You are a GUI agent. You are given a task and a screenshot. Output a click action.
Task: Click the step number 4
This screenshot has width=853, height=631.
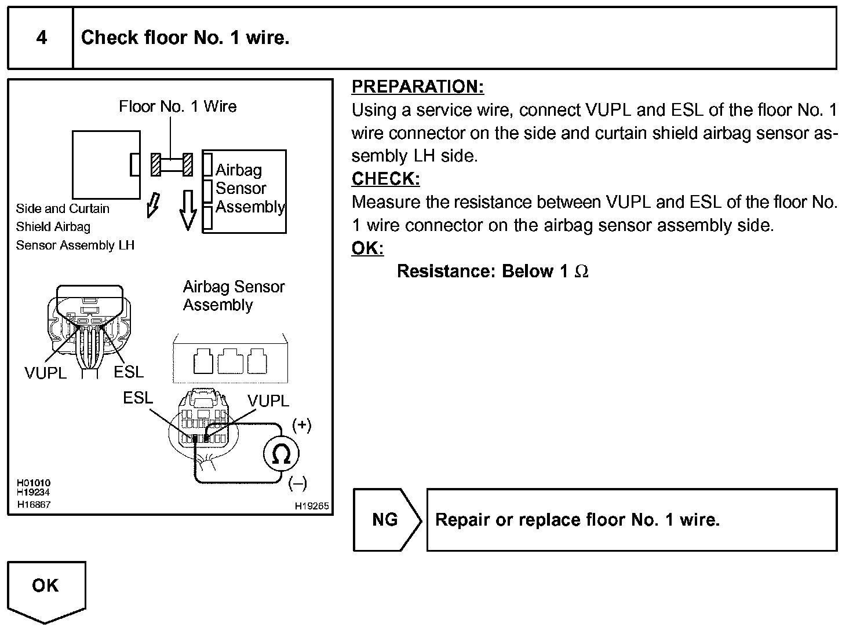[41, 38]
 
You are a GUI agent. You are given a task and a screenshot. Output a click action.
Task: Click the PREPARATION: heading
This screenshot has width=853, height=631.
[417, 87]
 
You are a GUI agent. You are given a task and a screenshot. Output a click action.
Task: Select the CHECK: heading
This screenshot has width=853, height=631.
[385, 179]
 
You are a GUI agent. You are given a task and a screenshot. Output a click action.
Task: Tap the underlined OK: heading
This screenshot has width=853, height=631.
[367, 248]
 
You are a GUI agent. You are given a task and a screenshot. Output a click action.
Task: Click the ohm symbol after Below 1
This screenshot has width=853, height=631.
[581, 272]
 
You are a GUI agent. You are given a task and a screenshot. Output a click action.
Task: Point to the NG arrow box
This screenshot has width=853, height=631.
[387, 520]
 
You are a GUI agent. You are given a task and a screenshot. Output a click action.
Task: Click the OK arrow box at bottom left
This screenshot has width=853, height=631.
[46, 590]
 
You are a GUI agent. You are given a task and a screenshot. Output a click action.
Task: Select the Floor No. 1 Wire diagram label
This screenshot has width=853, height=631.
[178, 107]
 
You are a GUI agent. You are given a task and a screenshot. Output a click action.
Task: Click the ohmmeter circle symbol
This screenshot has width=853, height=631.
[282, 455]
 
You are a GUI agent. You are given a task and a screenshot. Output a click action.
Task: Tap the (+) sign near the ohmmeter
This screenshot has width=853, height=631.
[302, 425]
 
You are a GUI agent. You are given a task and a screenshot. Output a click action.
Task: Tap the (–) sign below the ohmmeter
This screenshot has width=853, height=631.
[297, 483]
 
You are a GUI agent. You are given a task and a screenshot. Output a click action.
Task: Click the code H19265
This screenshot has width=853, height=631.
[312, 506]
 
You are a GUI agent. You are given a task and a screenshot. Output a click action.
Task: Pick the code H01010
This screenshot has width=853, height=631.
[34, 483]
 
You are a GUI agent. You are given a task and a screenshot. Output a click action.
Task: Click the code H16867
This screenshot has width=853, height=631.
[34, 505]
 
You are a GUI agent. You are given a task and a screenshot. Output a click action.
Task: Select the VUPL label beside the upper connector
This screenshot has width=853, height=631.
[45, 373]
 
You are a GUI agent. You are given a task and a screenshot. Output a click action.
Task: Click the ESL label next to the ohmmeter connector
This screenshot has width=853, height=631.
[138, 398]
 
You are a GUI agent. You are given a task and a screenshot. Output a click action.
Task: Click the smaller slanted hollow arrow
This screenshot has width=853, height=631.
[153, 204]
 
